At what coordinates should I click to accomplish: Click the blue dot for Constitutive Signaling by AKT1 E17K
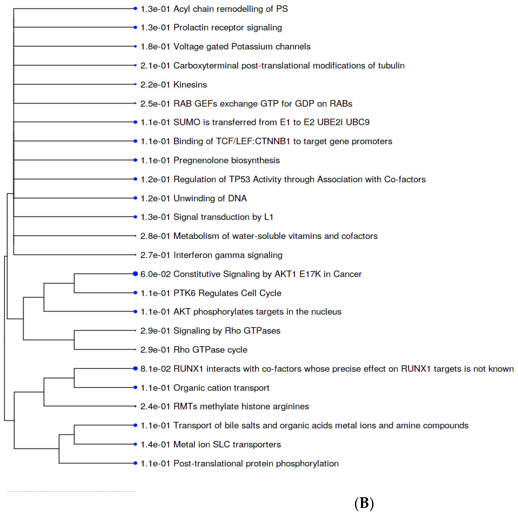pos(135,274)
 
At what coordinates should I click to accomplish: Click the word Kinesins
pos(190,85)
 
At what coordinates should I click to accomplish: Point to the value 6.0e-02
pos(156,274)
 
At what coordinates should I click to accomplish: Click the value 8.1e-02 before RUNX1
pos(156,369)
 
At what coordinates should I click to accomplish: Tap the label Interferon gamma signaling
pos(228,255)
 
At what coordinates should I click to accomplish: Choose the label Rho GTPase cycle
pos(210,350)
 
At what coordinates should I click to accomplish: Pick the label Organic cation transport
pos(221,388)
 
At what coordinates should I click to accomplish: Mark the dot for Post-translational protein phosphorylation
pos(135,463)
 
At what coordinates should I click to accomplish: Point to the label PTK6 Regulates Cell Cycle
pos(227,293)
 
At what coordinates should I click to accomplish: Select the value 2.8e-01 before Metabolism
pos(156,236)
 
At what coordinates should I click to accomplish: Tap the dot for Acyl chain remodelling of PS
pos(135,9)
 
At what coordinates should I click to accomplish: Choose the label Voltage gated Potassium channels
pos(242,46)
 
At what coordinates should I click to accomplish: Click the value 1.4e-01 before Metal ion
pos(156,444)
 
